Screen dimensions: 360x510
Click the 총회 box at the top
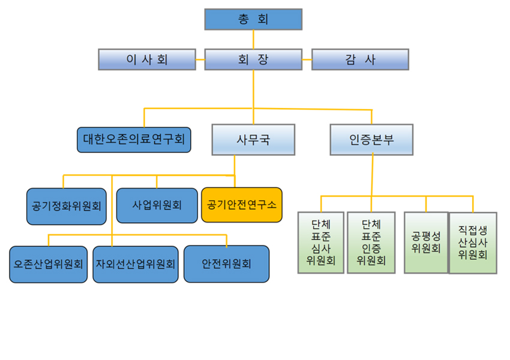pyautogui.click(x=253, y=19)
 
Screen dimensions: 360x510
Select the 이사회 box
pyautogui.click(x=147, y=59)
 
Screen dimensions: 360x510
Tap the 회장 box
pyautogui.click(x=253, y=59)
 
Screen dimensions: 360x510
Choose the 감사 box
pyautogui.click(x=360, y=59)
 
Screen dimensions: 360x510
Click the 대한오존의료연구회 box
pyautogui.click(x=134, y=139)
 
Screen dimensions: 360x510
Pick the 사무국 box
pyautogui.click(x=253, y=139)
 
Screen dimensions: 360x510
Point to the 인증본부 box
pyautogui.click(x=371, y=139)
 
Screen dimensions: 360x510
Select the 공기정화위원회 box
pyautogui.click(x=67, y=206)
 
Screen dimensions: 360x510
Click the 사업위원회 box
pyautogui.click(x=157, y=205)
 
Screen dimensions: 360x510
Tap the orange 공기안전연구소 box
pyautogui.click(x=241, y=205)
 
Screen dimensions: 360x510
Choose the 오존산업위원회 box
pyautogui.click(x=49, y=264)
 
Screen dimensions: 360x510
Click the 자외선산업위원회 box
pyautogui.click(x=136, y=264)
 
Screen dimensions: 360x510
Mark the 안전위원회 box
pyautogui.click(x=226, y=264)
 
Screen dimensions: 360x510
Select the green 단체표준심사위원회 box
pyautogui.click(x=321, y=242)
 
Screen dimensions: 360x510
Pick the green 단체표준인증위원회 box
pyautogui.click(x=371, y=242)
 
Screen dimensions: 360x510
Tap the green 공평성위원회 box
pyautogui.click(x=426, y=242)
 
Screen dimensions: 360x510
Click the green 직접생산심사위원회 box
pyautogui.click(x=473, y=242)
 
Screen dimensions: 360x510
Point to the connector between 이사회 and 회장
pyautogui.click(x=200, y=59)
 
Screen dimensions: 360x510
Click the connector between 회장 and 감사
pyautogui.click(x=306, y=59)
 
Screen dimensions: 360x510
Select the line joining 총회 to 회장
pyautogui.click(x=253, y=39)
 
